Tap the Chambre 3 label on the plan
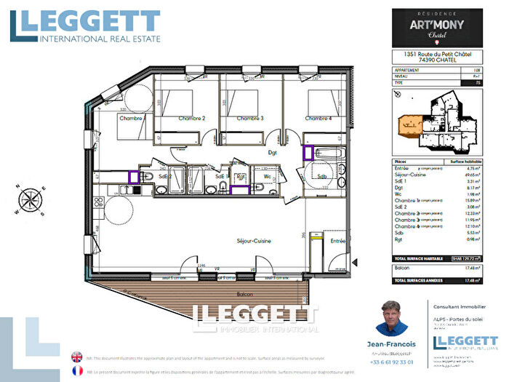(x=246, y=119)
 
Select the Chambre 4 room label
(x=318, y=119)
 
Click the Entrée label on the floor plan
(x=338, y=240)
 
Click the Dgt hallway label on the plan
(x=273, y=153)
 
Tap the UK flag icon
(x=76, y=357)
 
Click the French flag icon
(x=76, y=370)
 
